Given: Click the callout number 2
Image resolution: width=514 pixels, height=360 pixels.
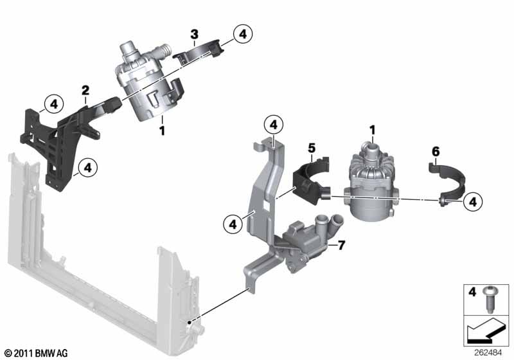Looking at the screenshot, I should click(x=85, y=91).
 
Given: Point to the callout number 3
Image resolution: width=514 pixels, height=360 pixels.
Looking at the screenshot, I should click(x=194, y=33).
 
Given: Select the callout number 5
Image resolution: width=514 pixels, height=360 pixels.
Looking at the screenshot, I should click(x=312, y=148).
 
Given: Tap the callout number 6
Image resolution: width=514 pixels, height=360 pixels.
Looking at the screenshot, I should click(x=435, y=152).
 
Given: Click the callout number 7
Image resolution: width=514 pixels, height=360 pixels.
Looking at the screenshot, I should click(x=341, y=245).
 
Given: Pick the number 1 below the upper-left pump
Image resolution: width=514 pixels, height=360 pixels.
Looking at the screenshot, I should click(x=163, y=130).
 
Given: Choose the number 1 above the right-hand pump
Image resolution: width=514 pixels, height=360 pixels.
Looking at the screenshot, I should click(x=371, y=130).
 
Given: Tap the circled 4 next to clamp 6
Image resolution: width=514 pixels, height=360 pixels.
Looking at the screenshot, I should click(x=472, y=202).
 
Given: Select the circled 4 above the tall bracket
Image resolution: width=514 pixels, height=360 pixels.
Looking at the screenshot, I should click(x=273, y=124).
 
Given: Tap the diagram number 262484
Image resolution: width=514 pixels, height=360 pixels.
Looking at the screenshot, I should click(x=495, y=352).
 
